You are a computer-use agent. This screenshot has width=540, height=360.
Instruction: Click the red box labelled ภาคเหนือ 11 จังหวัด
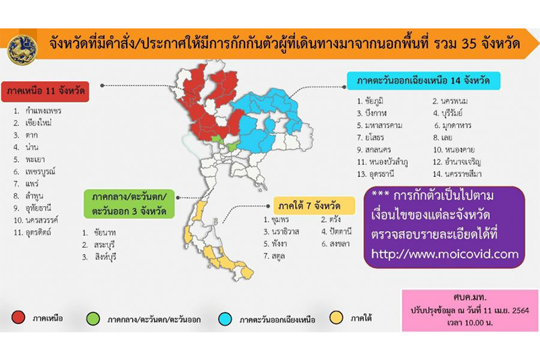[x=45, y=91]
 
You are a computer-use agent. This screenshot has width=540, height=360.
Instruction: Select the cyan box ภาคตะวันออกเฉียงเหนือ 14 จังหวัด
[x=423, y=80]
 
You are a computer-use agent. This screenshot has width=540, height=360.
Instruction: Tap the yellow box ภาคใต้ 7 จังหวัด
[x=314, y=206]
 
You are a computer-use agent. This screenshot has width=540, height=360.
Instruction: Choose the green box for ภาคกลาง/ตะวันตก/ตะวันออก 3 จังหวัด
[x=129, y=204]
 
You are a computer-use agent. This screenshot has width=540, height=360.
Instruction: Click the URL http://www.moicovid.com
[x=445, y=254]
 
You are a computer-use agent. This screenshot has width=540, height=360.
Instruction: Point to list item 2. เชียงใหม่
[x=32, y=123]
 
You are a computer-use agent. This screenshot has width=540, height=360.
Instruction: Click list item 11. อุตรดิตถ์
[x=32, y=232]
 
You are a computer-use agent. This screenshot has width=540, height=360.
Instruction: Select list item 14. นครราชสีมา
[x=457, y=174]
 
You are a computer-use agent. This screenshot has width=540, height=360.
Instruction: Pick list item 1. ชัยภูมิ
[x=370, y=101]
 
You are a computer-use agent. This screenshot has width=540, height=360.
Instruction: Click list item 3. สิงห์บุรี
[x=99, y=257]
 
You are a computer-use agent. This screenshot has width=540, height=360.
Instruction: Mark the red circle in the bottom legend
[x=18, y=317]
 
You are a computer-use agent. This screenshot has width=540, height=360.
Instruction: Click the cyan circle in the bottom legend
[x=225, y=319]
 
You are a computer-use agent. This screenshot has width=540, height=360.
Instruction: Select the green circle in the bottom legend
[x=93, y=319]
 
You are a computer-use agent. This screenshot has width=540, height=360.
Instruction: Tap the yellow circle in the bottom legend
[x=336, y=317]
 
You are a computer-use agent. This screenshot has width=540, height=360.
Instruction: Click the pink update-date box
[x=470, y=311]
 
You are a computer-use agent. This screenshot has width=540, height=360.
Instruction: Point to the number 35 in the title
[x=475, y=44]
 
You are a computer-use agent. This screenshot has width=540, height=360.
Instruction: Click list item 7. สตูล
[x=274, y=256]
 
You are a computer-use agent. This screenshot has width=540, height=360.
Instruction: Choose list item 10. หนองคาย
[x=454, y=150]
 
